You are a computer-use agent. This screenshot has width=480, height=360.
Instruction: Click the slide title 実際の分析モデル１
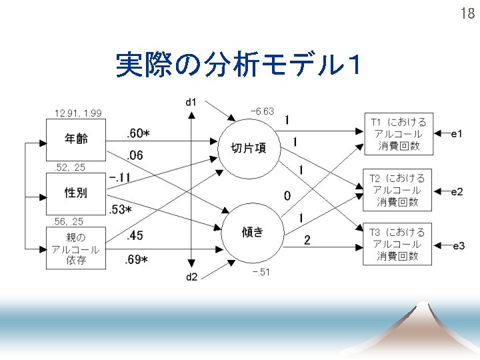[239, 65]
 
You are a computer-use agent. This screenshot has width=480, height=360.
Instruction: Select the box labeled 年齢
[76, 139]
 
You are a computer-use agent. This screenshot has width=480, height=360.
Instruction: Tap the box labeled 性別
[76, 193]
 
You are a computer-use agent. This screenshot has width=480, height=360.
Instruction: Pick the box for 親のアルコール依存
[76, 247]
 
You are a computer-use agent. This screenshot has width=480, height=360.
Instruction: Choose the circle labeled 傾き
[253, 231]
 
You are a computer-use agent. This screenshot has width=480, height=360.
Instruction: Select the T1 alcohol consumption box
[398, 134]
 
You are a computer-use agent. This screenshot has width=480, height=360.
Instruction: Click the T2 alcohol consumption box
[398, 189]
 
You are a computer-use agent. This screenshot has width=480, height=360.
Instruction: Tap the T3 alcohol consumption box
[398, 244]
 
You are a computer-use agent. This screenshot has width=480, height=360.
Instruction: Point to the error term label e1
[457, 134]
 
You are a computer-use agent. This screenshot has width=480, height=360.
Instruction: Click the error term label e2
[457, 192]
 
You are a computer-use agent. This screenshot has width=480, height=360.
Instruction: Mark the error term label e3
[458, 247]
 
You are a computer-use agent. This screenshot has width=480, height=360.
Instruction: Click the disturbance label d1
[191, 101]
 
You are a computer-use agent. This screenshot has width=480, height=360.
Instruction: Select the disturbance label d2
[191, 277]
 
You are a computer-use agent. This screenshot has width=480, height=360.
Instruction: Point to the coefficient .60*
[137, 134]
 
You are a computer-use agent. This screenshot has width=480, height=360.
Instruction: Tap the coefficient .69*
[137, 259]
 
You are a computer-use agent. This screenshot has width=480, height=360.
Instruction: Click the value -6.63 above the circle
[262, 111]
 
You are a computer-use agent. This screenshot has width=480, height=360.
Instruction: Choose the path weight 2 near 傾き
[307, 239]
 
